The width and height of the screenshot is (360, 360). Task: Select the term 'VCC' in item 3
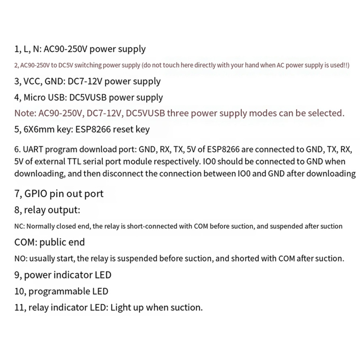coord(33,81)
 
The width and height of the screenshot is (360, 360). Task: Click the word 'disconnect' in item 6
coord(123,173)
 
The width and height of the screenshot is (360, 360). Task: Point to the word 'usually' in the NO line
coord(40,259)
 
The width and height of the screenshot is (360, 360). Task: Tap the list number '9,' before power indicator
coord(18,275)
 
